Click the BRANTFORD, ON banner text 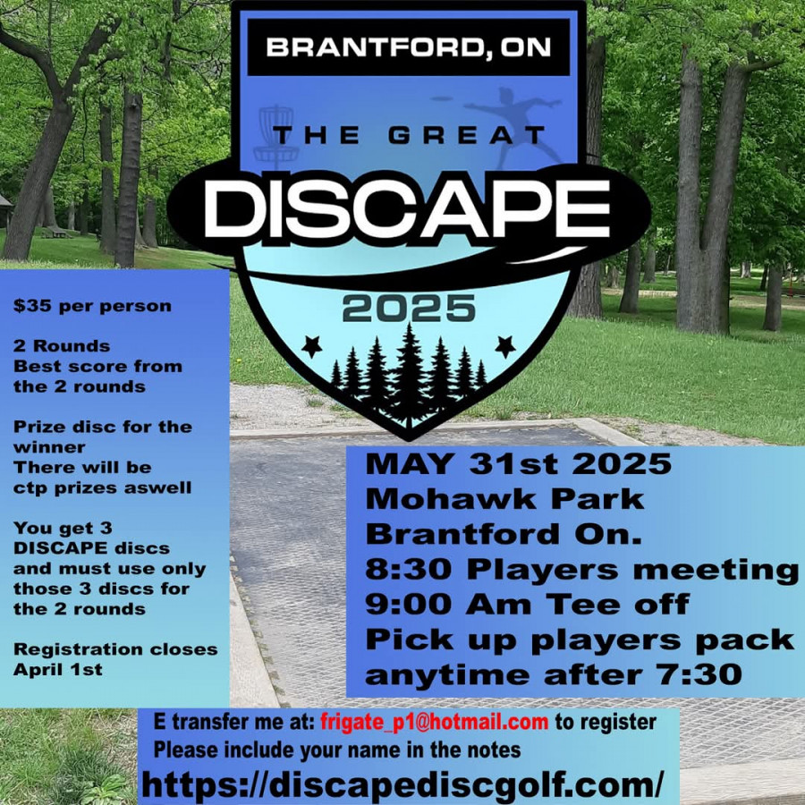[x=408, y=47]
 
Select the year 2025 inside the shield [x=409, y=309]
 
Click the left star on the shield [x=311, y=346]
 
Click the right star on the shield [x=505, y=346]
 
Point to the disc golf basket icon [x=276, y=137]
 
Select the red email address [x=435, y=722]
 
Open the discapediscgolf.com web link [x=402, y=784]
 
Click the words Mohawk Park [x=504, y=498]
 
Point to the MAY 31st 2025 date [x=518, y=463]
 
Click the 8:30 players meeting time [x=408, y=569]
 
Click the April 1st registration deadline [x=57, y=669]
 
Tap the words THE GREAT [x=408, y=136]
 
